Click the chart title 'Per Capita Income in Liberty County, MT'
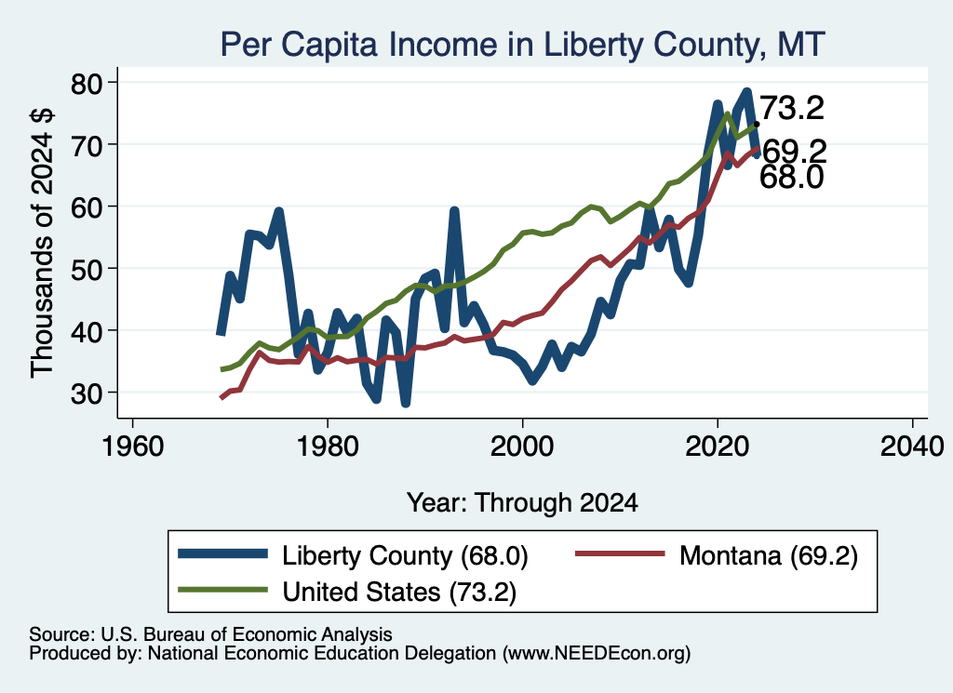(x=522, y=45)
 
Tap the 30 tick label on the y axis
(x=87, y=393)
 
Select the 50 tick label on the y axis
(x=87, y=269)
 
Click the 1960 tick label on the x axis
(x=132, y=446)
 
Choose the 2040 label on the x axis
(x=912, y=446)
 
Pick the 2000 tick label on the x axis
(x=522, y=446)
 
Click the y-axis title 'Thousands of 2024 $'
(x=42, y=243)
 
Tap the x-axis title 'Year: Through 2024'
(x=522, y=503)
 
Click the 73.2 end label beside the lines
(x=792, y=108)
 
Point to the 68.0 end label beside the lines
(x=792, y=178)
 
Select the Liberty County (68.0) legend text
(x=405, y=555)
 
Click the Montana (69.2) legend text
(x=768, y=555)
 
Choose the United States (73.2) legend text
(x=399, y=592)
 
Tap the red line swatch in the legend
(x=619, y=553)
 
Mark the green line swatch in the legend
(x=222, y=590)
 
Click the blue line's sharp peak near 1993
(x=454, y=211)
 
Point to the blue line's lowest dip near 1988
(x=406, y=404)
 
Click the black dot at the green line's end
(x=757, y=124)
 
